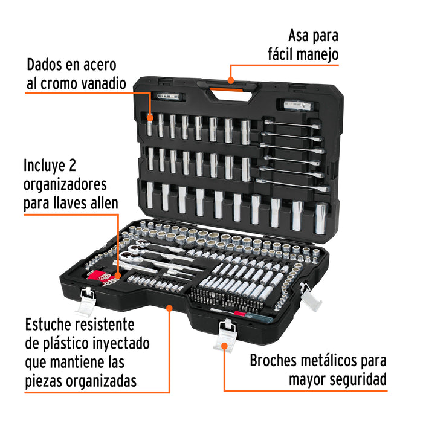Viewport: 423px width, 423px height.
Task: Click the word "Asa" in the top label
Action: coord(298,36)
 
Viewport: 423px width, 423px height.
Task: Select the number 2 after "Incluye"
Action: coord(72,165)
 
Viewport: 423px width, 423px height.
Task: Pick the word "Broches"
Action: coord(273,360)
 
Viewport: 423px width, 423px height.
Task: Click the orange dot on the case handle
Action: coord(230,80)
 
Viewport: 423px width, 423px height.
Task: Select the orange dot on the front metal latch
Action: coord(224,346)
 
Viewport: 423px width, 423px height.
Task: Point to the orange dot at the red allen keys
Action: coord(118,276)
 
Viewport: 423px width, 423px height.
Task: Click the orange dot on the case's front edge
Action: coord(169,308)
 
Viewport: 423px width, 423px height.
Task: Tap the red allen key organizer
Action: coord(98,276)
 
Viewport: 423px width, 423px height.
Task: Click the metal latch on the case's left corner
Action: coord(86,302)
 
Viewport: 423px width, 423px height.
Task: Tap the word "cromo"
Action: coord(59,83)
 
